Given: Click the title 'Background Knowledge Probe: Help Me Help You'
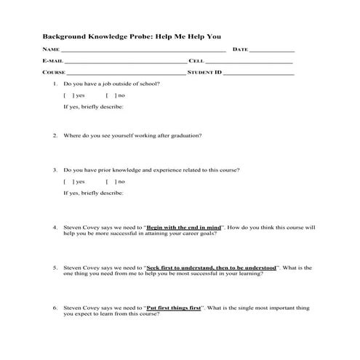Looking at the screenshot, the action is [x=132, y=36].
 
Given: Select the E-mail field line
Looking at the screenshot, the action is [x=125, y=63].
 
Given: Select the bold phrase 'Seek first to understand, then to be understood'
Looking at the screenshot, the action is [x=212, y=268].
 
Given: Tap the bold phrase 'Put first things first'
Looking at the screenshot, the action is [x=175, y=308].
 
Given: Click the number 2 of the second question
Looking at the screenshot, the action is [x=55, y=135].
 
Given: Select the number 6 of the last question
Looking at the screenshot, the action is [x=55, y=308].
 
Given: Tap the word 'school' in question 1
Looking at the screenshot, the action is [x=150, y=84].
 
